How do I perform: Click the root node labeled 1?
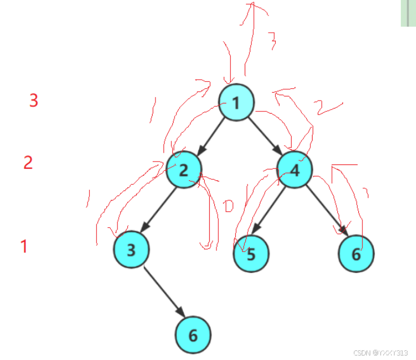[x=236, y=103]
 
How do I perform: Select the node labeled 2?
[x=184, y=170]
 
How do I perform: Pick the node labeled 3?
[x=131, y=250]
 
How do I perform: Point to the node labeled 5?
[x=252, y=254]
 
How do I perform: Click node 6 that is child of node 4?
[x=356, y=254]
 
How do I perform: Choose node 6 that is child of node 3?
[x=193, y=335]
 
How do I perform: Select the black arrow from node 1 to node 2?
[x=210, y=136]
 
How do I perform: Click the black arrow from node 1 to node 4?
[x=265, y=136]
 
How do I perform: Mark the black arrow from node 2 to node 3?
[x=158, y=209]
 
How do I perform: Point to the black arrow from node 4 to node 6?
[x=327, y=210]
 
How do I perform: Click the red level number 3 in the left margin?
[x=34, y=101]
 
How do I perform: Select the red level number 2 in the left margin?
[x=28, y=163]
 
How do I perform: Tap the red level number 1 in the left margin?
[x=24, y=246]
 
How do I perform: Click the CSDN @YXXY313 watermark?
[x=380, y=352]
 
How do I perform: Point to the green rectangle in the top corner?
[x=408, y=12]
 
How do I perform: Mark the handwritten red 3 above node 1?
[x=272, y=40]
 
